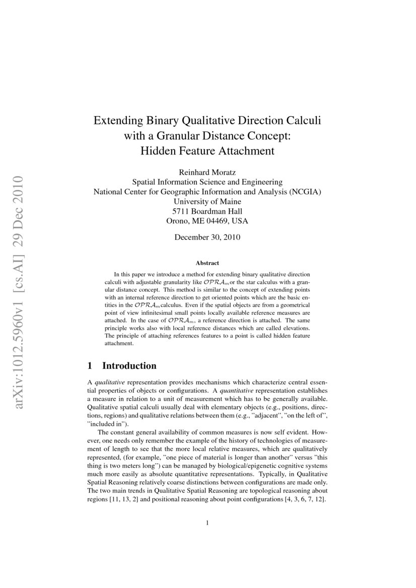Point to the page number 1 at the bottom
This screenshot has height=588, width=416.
pos(207,523)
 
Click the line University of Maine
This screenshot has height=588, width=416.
pos(207,201)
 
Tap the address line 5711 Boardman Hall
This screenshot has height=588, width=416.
pos(207,211)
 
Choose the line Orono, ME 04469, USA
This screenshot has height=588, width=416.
pos(207,220)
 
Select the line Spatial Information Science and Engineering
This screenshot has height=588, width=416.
pos(207,182)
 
